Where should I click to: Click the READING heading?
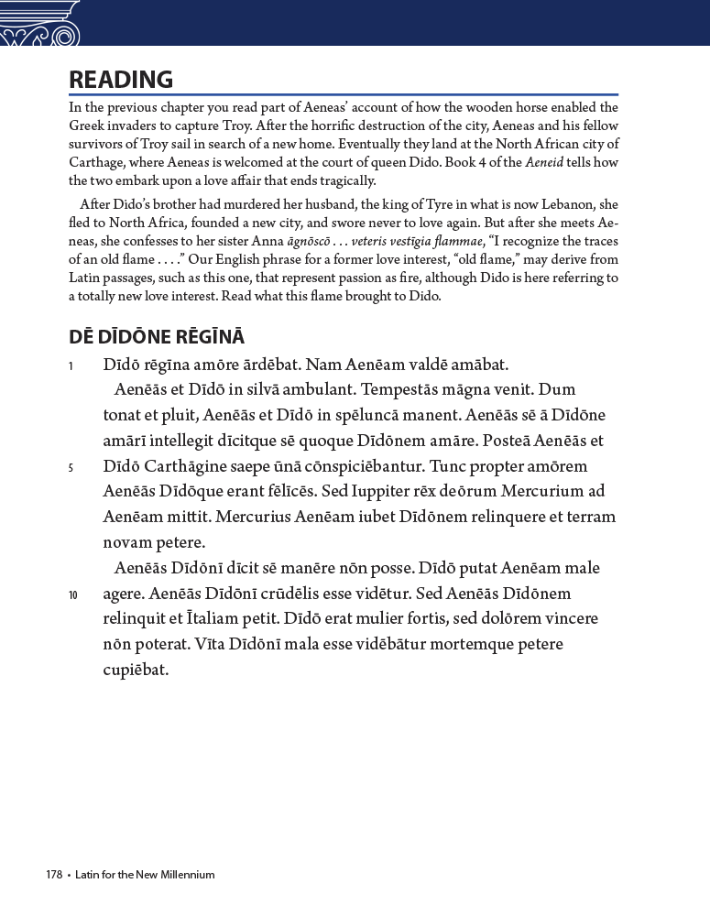[121, 80]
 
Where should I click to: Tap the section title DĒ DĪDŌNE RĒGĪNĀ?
[157, 337]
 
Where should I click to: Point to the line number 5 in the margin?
[71, 468]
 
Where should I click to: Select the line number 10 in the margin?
[72, 595]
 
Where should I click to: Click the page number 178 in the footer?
[54, 875]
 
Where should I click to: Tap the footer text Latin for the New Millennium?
[143, 875]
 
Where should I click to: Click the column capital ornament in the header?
[38, 23]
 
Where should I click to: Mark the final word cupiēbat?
[137, 670]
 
